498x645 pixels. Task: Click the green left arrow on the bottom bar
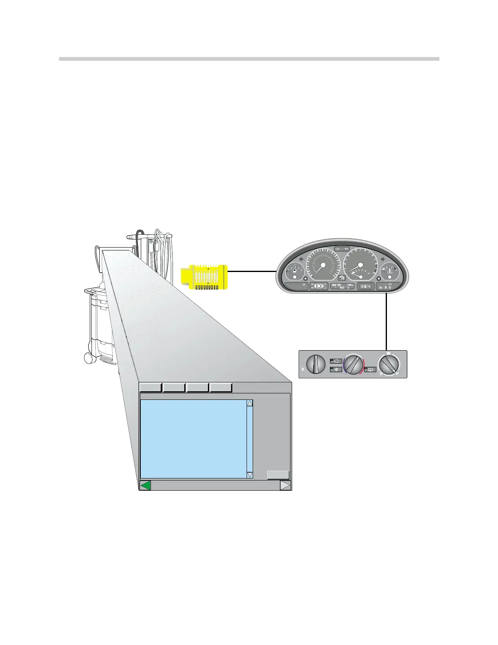[x=145, y=485]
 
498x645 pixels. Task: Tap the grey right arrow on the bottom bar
[x=286, y=485]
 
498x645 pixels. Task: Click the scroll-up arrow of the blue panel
[x=250, y=403]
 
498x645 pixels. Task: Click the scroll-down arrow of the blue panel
[x=250, y=475]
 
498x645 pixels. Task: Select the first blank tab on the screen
[x=150, y=387]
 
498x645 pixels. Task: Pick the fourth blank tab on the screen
[x=221, y=387]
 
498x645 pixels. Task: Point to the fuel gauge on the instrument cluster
[x=293, y=272]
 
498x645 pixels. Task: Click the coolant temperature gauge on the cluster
[x=389, y=272]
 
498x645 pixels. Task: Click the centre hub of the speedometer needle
[x=323, y=265]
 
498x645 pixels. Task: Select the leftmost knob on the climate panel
[x=316, y=364]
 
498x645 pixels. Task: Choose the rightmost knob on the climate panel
[x=389, y=364]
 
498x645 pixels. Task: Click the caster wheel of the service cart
[x=88, y=358]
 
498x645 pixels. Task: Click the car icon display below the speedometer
[x=319, y=286]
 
